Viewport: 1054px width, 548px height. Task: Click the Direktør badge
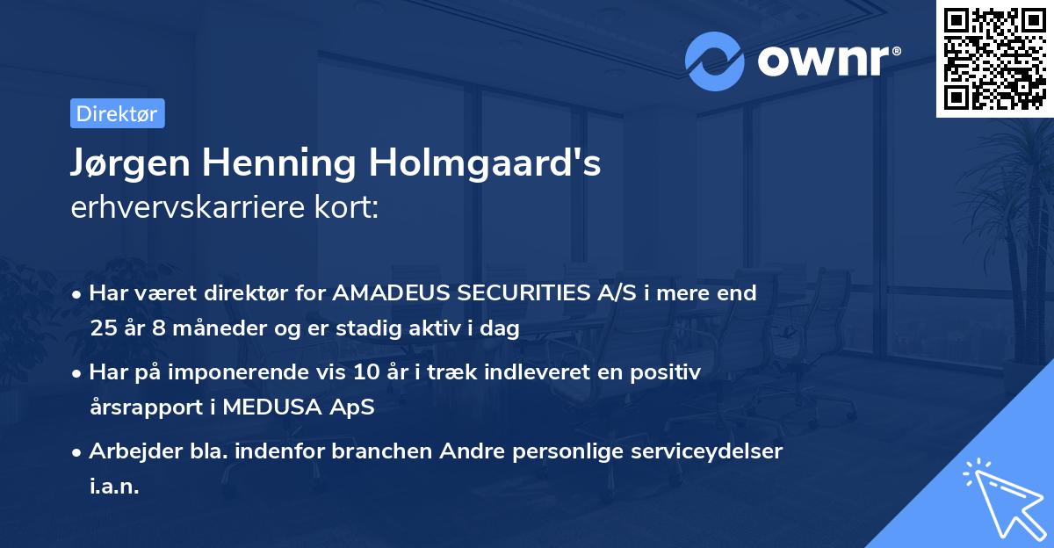pos(117,113)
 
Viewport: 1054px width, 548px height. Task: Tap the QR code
pos(994,58)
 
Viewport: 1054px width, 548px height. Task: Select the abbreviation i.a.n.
pos(114,487)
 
